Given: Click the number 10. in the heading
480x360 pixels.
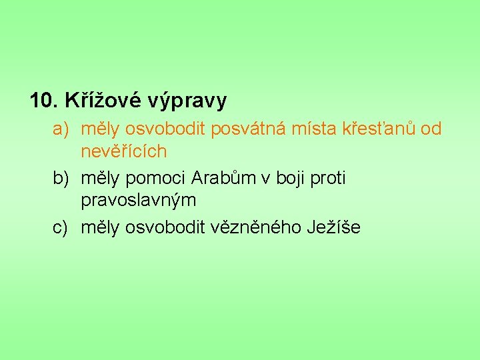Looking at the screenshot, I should [x=45, y=101].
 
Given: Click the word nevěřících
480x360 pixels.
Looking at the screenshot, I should [x=123, y=151].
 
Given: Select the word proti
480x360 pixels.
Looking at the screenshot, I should [x=327, y=179].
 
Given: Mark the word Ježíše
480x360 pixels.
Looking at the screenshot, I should [x=333, y=227].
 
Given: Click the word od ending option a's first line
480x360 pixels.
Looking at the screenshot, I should [x=431, y=129].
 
